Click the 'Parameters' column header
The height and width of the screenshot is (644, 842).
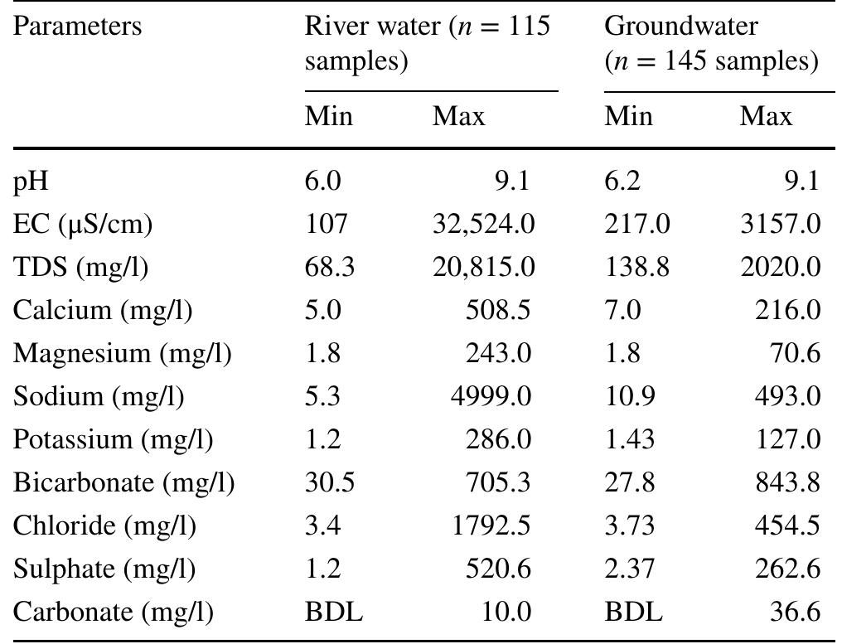coord(77,27)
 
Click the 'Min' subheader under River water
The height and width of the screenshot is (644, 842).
coord(328,116)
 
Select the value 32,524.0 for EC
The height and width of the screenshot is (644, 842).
coord(483,224)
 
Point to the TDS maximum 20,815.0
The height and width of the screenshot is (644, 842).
coord(483,267)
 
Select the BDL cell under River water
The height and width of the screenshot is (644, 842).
coord(333,612)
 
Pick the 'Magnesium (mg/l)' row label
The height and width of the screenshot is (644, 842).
coord(122,353)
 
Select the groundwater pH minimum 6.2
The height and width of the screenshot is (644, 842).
coord(622,181)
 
